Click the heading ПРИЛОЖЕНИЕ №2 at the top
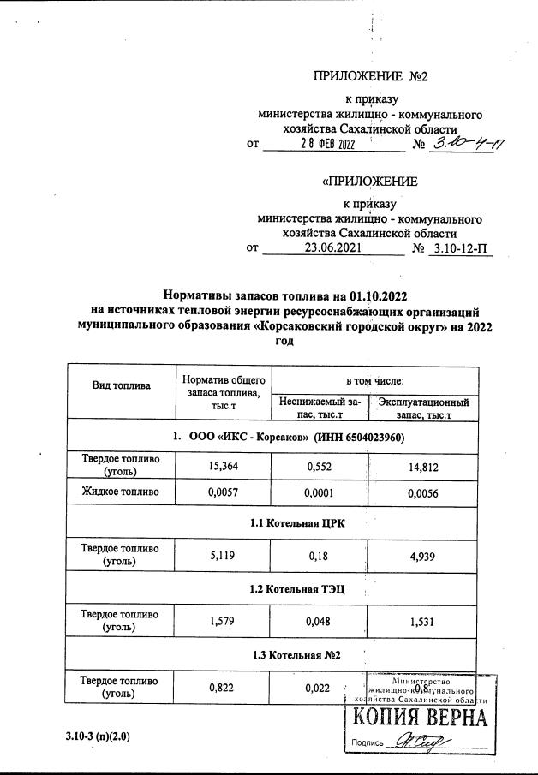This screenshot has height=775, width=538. pos(371,76)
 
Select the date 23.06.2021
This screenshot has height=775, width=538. pos(333,248)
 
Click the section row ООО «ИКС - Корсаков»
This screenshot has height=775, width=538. pos(288,437)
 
